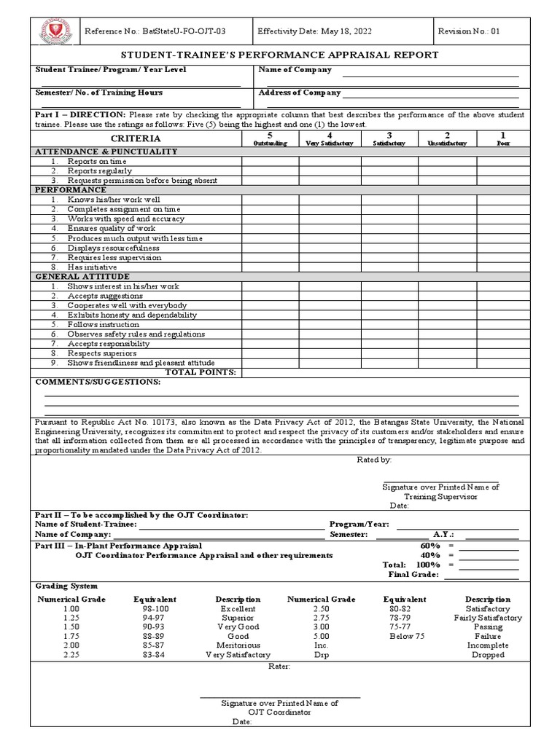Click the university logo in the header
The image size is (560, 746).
click(50, 32)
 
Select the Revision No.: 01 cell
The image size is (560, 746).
click(469, 31)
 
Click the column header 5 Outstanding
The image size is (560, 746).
click(270, 138)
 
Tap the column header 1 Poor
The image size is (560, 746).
click(503, 138)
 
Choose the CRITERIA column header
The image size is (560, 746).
click(136, 138)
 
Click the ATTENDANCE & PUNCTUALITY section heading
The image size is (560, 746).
click(106, 152)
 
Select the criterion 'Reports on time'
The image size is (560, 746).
click(97, 161)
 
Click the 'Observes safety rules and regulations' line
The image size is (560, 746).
click(136, 334)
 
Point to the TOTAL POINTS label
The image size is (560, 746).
click(201, 372)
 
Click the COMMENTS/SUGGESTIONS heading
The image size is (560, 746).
click(98, 382)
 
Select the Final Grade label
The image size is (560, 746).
click(413, 575)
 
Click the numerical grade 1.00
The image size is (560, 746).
click(71, 609)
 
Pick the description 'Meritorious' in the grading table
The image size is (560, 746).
click(238, 645)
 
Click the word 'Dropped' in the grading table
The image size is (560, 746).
click(488, 655)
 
